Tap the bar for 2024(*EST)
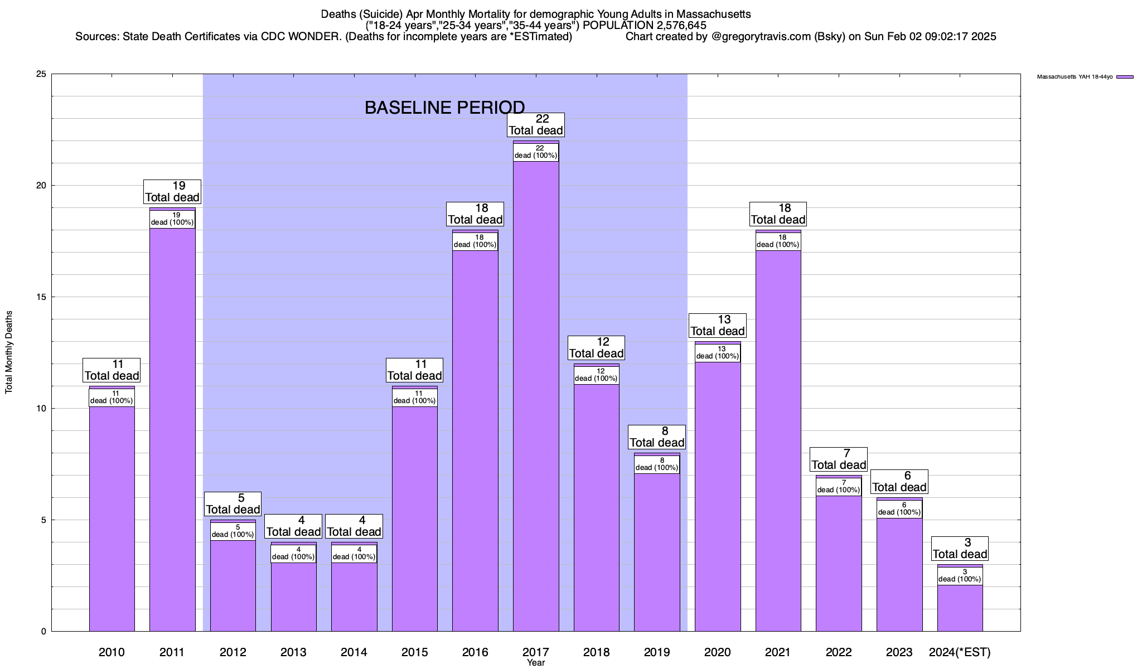960,608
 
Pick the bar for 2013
293,597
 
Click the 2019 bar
657,552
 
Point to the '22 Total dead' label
536,125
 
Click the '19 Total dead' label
172,192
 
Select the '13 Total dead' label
718,326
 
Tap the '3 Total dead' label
960,549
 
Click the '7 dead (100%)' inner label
839,487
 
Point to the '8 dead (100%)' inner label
657,464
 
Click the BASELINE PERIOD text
444,108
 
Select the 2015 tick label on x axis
414,652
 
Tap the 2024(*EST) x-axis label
960,652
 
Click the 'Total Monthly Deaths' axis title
9,352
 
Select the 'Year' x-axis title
536,663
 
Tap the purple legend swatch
1125,77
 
